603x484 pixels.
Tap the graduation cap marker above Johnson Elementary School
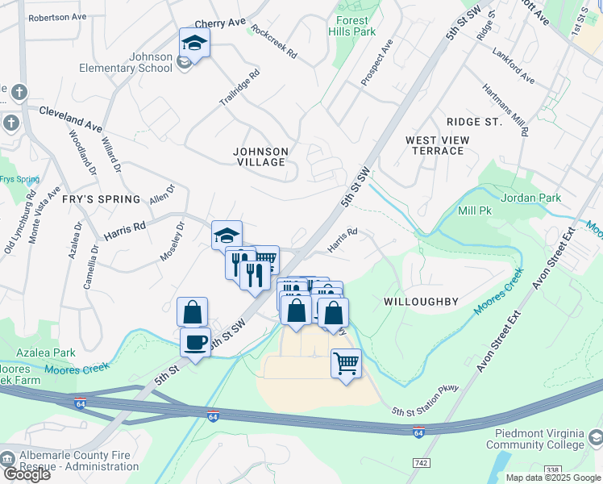coord(194,42)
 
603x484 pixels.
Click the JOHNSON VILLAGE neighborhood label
coord(260,156)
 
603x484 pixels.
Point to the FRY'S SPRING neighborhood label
coord(102,199)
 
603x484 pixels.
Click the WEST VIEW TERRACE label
coord(438,145)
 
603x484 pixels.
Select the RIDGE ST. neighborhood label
coord(475,123)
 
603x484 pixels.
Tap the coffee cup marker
coord(195,342)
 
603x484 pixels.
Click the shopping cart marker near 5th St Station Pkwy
coord(346,363)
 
